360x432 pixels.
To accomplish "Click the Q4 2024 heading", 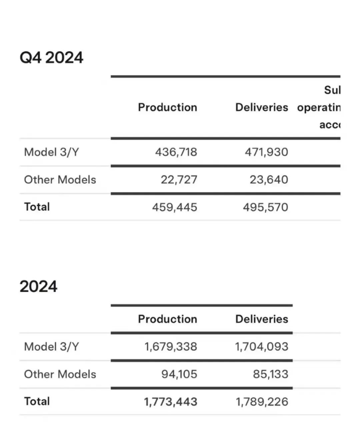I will (x=51, y=57).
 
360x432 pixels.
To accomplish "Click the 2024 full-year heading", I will (x=38, y=287).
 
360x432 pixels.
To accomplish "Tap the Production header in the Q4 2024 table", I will (x=167, y=107).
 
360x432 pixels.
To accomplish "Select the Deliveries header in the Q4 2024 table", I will (x=262, y=107).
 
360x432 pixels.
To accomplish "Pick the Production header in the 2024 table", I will (x=167, y=319).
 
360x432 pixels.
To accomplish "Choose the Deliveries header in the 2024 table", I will (x=262, y=319).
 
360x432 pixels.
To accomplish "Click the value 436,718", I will (x=176, y=152).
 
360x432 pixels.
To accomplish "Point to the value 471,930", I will (x=266, y=152).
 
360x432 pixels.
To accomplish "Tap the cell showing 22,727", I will (x=179, y=179).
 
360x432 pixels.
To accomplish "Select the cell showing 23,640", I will (x=269, y=179).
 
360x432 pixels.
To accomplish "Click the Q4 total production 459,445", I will (x=175, y=207).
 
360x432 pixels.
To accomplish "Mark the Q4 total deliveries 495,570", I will (x=265, y=207).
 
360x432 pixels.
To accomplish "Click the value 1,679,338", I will (x=171, y=347).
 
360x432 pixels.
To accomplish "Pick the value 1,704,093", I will (x=262, y=347).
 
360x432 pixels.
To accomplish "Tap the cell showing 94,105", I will (x=179, y=374).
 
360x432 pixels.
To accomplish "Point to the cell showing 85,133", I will (x=270, y=374).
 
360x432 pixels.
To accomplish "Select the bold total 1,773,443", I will (x=171, y=402).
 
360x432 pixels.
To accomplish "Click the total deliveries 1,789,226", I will (x=262, y=402).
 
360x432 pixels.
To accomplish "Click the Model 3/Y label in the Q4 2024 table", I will (x=51, y=152).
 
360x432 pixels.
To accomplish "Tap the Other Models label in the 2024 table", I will (x=60, y=374).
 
